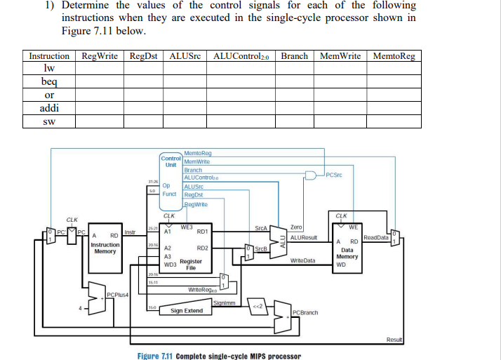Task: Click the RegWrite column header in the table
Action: pyautogui.click(x=99, y=56)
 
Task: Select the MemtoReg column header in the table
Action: pyautogui.click(x=394, y=56)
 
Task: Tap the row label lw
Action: pyautogui.click(x=49, y=69)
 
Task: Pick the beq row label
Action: pyautogui.click(x=49, y=82)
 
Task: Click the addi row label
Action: pyautogui.click(x=49, y=108)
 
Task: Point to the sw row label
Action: pyautogui.click(x=49, y=121)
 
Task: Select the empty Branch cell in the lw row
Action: pyautogui.click(x=295, y=69)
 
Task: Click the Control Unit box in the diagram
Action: pyautogui.click(x=171, y=161)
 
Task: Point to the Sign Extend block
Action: pyautogui.click(x=187, y=310)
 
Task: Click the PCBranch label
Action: pyautogui.click(x=305, y=312)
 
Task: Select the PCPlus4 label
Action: pyautogui.click(x=116, y=293)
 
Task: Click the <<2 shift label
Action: pyautogui.click(x=257, y=306)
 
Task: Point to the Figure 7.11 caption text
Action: pyautogui.click(x=219, y=355)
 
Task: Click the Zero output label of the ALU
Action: pyautogui.click(x=296, y=227)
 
